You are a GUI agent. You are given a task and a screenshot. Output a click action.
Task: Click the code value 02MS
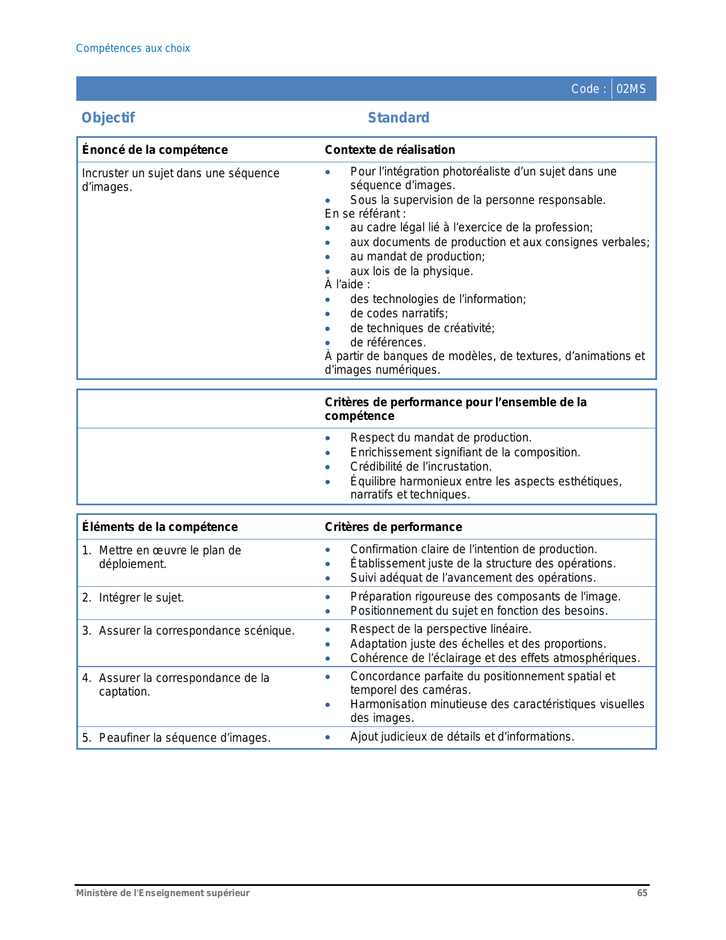pos(631,89)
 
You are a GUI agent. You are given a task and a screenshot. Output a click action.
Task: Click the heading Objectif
pos(108,118)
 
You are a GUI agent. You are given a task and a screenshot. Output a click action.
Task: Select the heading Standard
pos(399,118)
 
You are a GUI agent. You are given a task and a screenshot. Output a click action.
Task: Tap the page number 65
pos(642,893)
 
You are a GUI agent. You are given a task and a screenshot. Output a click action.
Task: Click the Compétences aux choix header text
pos(133,48)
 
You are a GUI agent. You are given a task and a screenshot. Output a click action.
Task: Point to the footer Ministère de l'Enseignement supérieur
pos(163,893)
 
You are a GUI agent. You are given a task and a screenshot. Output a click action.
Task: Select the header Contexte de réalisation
pos(389,150)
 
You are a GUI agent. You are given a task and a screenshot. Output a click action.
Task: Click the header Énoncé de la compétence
pos(155,150)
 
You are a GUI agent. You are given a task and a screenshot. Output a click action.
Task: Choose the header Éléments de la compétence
pos(160,527)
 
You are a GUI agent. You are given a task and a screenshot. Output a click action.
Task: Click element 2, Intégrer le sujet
pos(141,598)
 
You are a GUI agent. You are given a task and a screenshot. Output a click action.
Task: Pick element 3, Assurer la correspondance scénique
pos(196,631)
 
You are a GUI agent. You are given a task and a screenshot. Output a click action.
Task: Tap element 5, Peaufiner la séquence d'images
pos(184,738)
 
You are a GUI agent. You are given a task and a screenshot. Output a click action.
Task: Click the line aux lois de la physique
pos(412,271)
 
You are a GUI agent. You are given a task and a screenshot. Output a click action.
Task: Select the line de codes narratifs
pos(399,313)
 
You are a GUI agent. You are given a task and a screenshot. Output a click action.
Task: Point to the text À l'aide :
pos(347,284)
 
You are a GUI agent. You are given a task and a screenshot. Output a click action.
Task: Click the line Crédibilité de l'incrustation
pos(421,467)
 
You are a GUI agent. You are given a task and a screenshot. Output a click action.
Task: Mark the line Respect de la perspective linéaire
pos(441,629)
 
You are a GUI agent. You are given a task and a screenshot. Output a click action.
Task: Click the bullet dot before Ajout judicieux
pos(327,737)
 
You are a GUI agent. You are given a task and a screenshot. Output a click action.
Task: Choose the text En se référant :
pos(365,214)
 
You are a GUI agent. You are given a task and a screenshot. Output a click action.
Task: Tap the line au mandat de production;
pos(417,256)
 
